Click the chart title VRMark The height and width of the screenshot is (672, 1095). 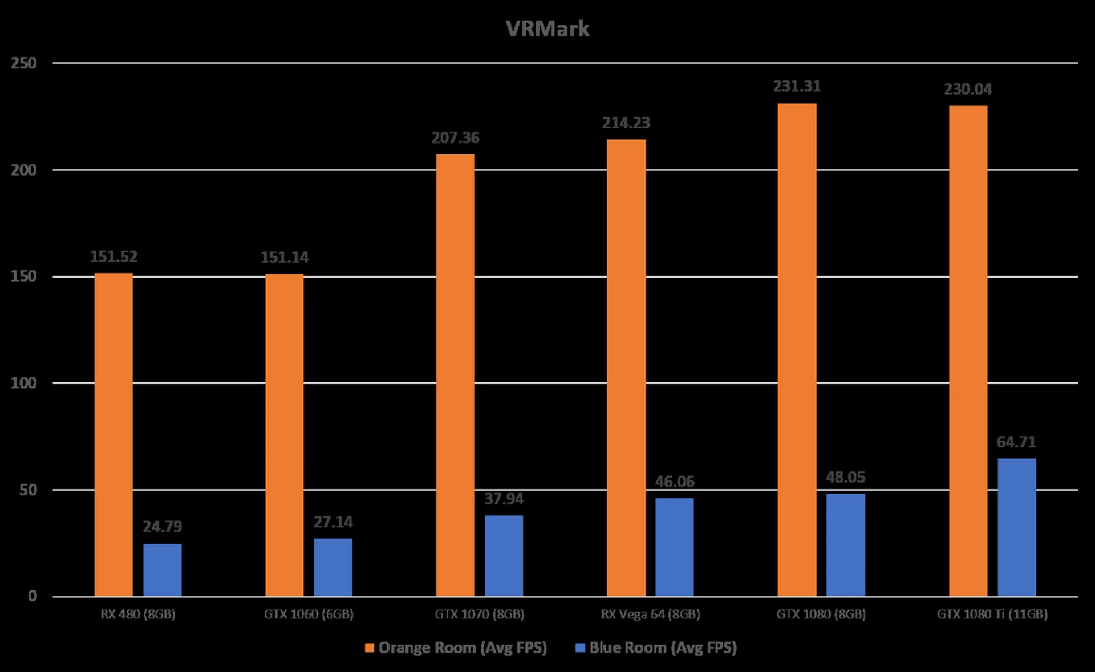click(547, 28)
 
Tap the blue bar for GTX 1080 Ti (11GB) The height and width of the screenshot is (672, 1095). click(1016, 527)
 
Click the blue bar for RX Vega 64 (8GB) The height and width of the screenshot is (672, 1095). click(674, 547)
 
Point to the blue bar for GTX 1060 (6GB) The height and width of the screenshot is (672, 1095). click(333, 567)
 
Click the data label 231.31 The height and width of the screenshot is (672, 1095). click(797, 86)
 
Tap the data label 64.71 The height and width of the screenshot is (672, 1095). click(1016, 442)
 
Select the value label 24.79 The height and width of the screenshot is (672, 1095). click(162, 526)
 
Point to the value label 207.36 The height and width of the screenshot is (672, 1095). click(455, 137)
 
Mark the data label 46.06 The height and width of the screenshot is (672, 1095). click(674, 482)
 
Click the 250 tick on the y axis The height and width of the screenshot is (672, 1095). click(23, 63)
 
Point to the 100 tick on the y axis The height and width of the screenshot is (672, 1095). click(23, 383)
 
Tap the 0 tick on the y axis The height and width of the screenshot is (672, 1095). click(33, 596)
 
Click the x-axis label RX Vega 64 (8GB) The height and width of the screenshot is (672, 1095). click(650, 614)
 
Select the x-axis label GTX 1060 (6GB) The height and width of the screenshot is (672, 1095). click(309, 614)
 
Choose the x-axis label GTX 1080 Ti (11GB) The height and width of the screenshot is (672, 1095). click(992, 614)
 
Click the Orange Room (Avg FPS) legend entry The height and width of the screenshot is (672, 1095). click(456, 647)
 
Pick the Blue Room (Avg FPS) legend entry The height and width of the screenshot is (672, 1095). click(656, 647)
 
